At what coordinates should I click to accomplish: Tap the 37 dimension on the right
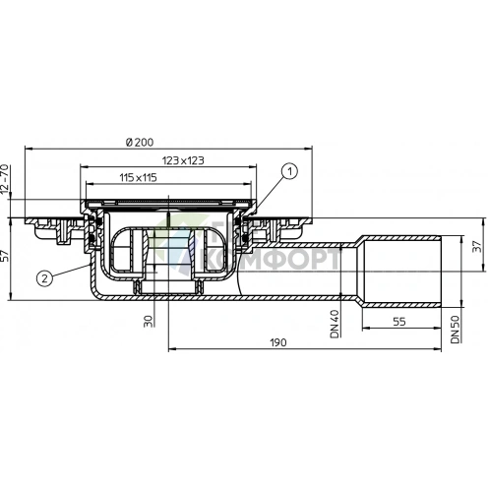click(x=477, y=248)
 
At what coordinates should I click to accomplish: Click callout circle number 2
click(x=45, y=278)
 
